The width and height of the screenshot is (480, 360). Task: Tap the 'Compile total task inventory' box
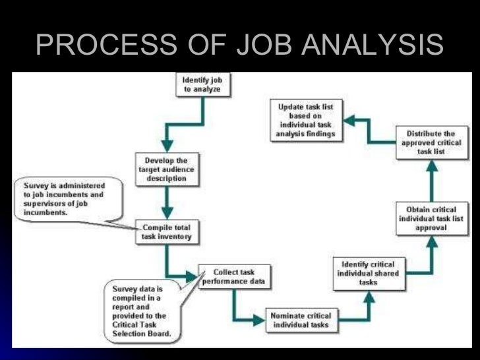pos(166,233)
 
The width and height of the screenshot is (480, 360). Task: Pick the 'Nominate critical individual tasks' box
pos(301,320)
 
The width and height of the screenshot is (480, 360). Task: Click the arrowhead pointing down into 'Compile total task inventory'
pos(167,212)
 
